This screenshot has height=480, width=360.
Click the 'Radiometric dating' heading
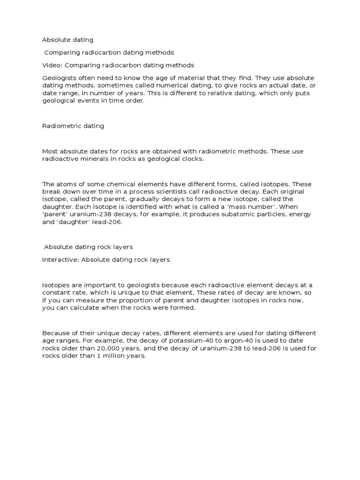click(x=73, y=126)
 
